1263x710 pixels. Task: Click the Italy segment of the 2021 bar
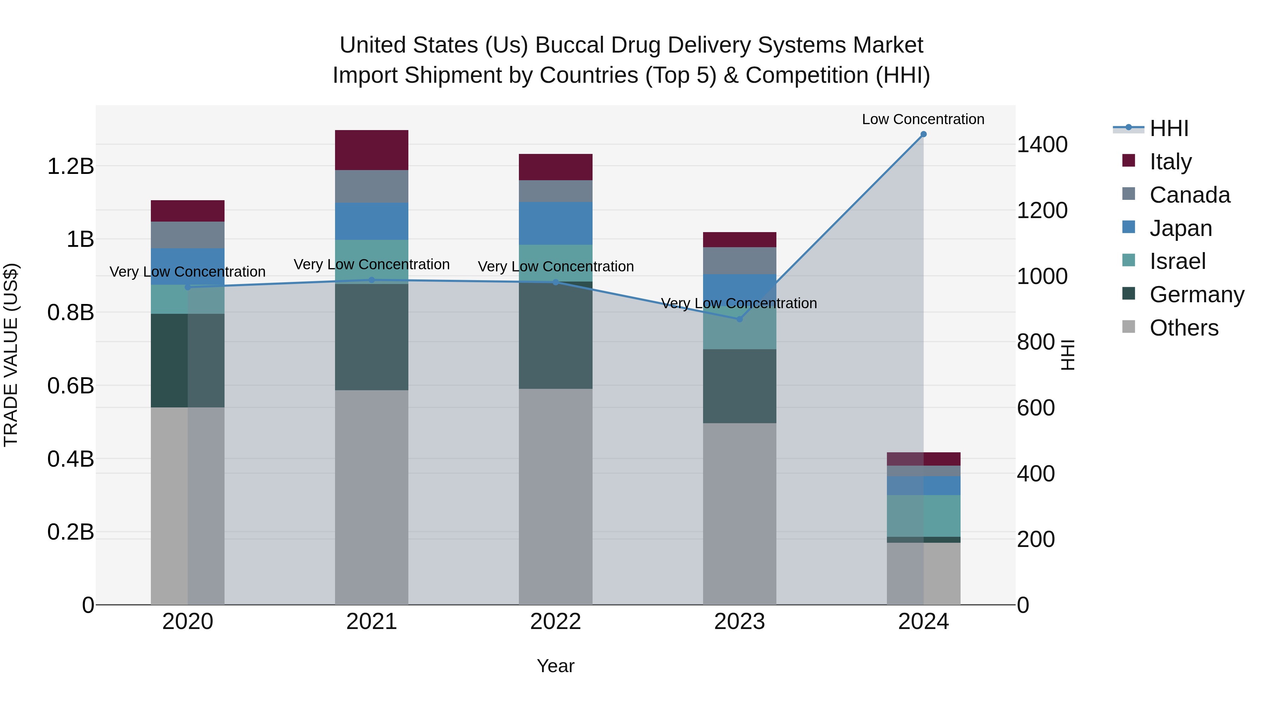coord(371,150)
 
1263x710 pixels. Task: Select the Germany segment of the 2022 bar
coord(555,335)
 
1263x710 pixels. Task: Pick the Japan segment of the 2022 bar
coord(555,223)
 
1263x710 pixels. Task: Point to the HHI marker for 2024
coord(923,134)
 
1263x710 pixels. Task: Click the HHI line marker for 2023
coord(739,319)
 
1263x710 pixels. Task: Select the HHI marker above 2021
coord(371,280)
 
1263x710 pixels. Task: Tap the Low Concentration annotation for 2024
coord(923,120)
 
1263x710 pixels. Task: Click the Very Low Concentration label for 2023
coord(739,303)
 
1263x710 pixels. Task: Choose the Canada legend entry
coord(1189,195)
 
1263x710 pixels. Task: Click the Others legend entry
coord(1184,328)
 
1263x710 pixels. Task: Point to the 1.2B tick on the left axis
coord(70,167)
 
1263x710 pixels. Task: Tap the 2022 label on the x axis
coord(555,622)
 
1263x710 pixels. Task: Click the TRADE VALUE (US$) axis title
coord(11,355)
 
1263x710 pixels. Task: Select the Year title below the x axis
coord(555,666)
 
